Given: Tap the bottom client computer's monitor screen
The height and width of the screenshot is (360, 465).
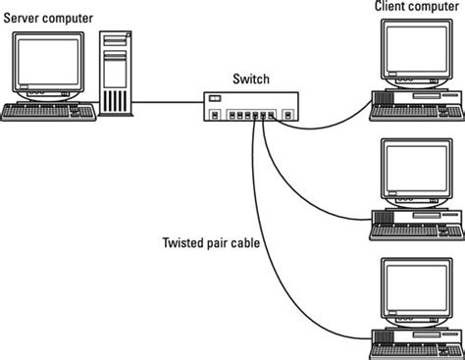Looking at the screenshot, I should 415,286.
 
